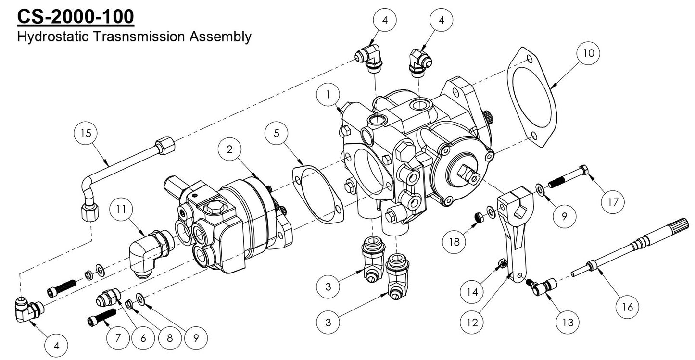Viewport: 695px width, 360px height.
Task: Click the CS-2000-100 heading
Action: tap(76, 16)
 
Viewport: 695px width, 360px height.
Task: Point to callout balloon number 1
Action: tap(329, 95)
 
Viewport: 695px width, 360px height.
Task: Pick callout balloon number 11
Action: tap(120, 210)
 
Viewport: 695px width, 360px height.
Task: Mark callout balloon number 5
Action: tap(276, 134)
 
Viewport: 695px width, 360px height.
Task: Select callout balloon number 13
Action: tap(569, 322)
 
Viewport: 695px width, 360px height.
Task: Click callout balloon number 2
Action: tap(230, 149)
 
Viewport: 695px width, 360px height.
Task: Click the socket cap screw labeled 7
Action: tap(102, 318)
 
